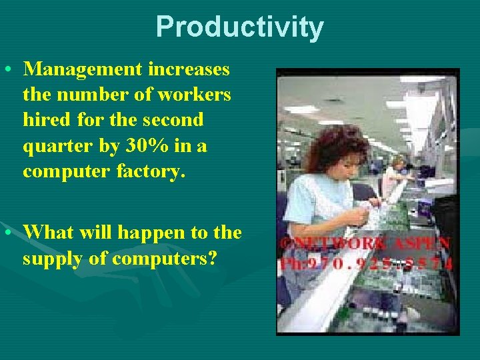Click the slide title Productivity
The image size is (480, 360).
coord(239,27)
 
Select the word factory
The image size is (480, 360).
coord(153,171)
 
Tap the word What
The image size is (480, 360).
coord(49,232)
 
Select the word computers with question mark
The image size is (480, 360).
coord(165,259)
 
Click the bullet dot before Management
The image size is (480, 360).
coord(8,70)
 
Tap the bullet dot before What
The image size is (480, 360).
coord(8,233)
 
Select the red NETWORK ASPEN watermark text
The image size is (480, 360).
coord(365,244)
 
